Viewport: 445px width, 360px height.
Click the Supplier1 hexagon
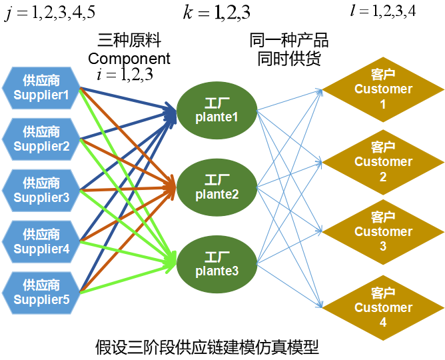click(x=41, y=88)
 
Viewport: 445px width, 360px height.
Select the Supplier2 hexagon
click(x=41, y=139)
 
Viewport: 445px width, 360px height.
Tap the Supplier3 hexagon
click(x=41, y=191)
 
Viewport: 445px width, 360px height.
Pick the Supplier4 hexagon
click(x=41, y=242)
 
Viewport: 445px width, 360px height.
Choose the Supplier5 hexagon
click(x=41, y=293)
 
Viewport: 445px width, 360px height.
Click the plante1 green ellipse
click(x=217, y=111)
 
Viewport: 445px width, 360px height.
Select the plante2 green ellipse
click(x=217, y=187)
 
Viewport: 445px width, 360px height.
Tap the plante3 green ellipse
click(x=217, y=265)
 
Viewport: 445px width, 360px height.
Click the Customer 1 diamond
click(x=383, y=90)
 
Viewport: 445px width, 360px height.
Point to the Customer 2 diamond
click(x=383, y=163)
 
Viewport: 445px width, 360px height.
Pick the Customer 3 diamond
click(x=383, y=232)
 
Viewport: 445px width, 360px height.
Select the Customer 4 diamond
click(x=383, y=308)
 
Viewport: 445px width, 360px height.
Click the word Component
click(x=129, y=59)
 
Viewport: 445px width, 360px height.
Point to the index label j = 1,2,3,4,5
click(x=50, y=13)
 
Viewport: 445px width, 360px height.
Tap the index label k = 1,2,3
click(x=217, y=13)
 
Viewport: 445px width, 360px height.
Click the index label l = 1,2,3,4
click(x=383, y=11)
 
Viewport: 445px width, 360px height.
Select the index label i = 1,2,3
click(x=125, y=75)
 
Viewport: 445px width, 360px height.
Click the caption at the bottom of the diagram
click(x=207, y=347)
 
